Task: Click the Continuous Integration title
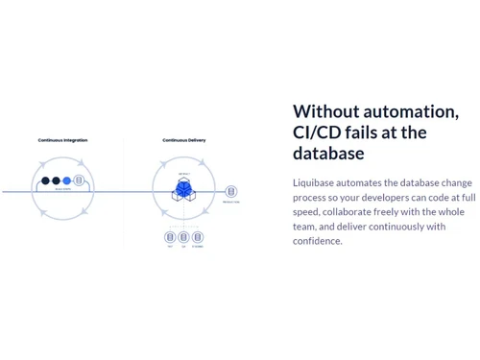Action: pos(62,140)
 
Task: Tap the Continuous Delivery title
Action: pos(182,140)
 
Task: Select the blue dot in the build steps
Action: pos(66,180)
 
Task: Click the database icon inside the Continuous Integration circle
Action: pos(78,180)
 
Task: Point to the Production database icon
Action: pos(230,191)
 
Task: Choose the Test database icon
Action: pos(169,235)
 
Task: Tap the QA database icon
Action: pos(182,235)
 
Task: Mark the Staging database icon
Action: pos(197,235)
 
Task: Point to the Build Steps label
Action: pos(62,190)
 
